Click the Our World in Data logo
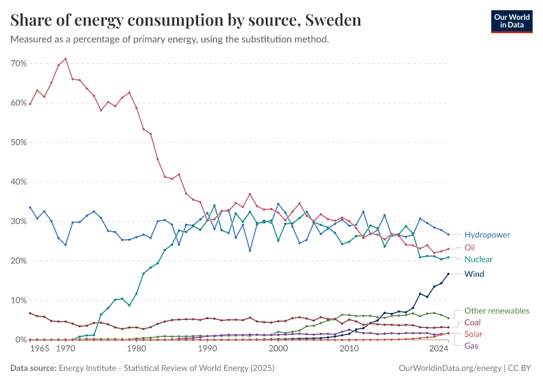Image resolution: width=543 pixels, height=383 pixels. pyautogui.click(x=511, y=21)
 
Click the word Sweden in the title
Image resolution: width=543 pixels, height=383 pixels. pyautogui.click(x=333, y=20)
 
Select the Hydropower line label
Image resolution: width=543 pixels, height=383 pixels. pyautogui.click(x=487, y=235)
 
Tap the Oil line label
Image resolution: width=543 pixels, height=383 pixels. pyautogui.click(x=470, y=247)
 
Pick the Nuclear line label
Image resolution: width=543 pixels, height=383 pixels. pyautogui.click(x=478, y=260)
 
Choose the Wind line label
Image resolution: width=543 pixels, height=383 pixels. pyautogui.click(x=474, y=274)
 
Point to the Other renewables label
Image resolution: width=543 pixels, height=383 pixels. pyautogui.click(x=496, y=311)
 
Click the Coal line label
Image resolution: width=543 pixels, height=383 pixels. pyautogui.click(x=473, y=322)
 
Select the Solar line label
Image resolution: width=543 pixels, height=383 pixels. pyautogui.click(x=473, y=334)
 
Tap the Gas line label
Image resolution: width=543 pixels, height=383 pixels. pyautogui.click(x=471, y=346)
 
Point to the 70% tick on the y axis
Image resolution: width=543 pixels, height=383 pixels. pyautogui.click(x=18, y=64)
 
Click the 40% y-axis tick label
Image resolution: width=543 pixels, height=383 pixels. pyautogui.click(x=18, y=182)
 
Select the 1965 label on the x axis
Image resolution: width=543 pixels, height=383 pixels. pyautogui.click(x=40, y=349)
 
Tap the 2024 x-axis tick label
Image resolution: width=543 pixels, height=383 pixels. pyautogui.click(x=439, y=349)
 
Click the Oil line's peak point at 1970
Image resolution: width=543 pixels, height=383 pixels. pyautogui.click(x=65, y=59)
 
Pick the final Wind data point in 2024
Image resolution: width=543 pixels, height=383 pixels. pyautogui.click(x=448, y=274)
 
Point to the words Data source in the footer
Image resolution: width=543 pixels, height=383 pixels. pyautogui.click(x=32, y=368)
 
